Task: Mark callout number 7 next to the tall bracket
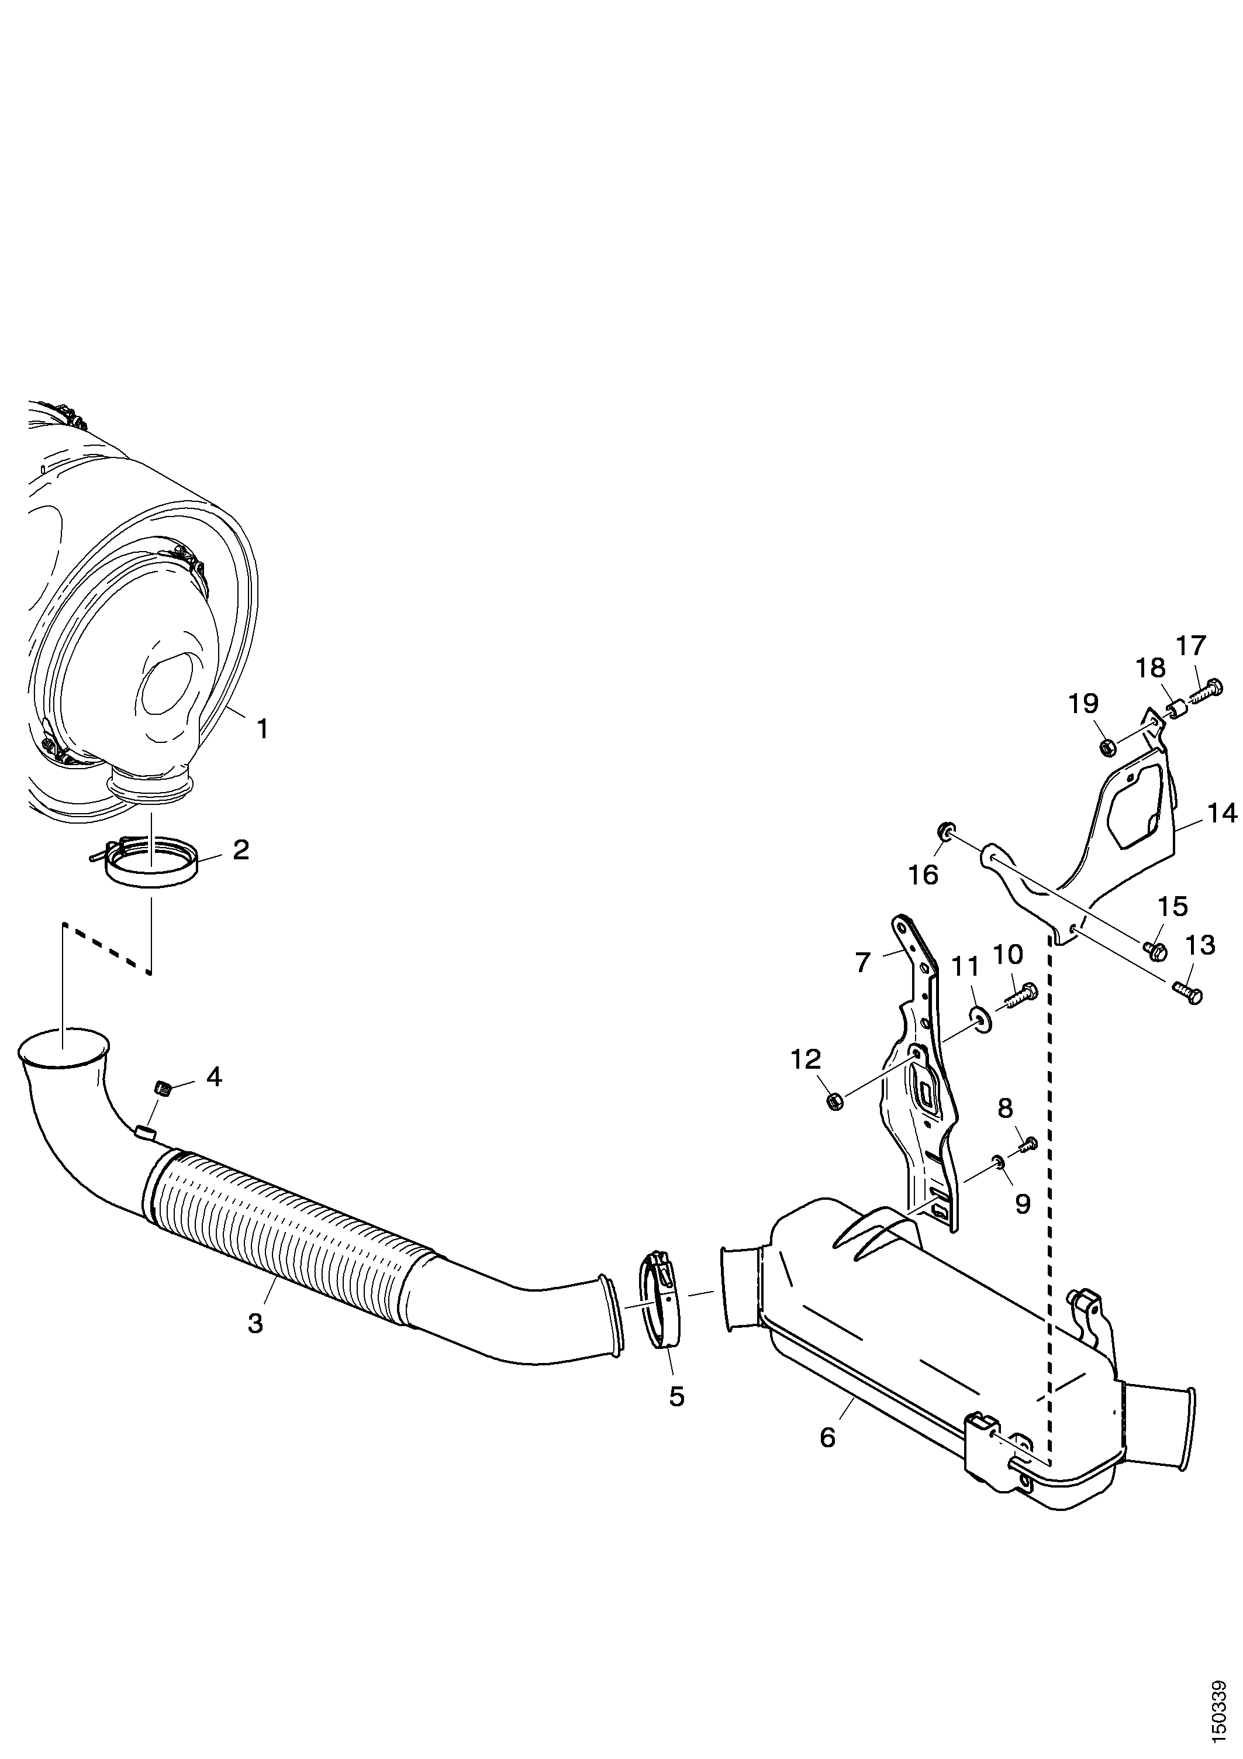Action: [x=863, y=962]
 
